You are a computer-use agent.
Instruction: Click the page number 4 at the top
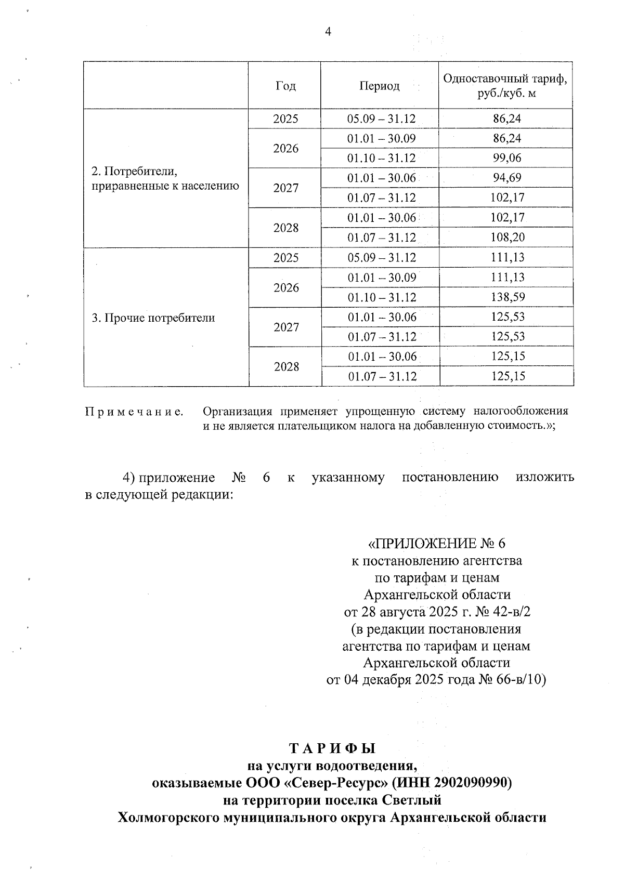(328, 32)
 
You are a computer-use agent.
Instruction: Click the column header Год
(285, 86)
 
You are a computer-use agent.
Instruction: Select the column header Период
(380, 86)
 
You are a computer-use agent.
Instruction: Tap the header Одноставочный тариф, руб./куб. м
(505, 86)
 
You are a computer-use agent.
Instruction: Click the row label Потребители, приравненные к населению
(165, 178)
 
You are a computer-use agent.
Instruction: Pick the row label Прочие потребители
(153, 318)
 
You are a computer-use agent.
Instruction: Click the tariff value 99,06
(506, 158)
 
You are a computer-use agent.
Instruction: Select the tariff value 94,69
(506, 178)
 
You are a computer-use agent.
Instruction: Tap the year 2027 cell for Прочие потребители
(286, 327)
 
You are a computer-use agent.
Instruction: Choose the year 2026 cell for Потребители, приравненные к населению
(286, 149)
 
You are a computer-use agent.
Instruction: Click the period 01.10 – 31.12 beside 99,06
(381, 158)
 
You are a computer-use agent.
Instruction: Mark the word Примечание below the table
(134, 412)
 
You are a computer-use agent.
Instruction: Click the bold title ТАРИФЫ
(332, 748)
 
